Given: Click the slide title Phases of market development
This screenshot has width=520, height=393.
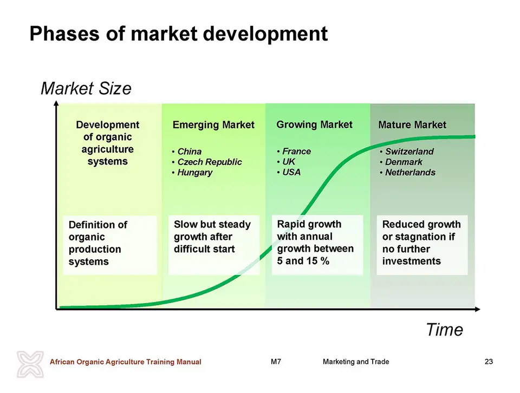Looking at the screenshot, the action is pyautogui.click(x=178, y=34).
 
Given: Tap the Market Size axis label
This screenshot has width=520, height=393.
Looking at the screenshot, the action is pyautogui.click(x=86, y=88).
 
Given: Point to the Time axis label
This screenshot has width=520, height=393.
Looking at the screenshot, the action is pyautogui.click(x=444, y=330).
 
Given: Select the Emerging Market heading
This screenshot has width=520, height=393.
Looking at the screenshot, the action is pyautogui.click(x=213, y=125).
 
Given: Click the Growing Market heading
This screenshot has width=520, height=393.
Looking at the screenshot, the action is pyautogui.click(x=314, y=125).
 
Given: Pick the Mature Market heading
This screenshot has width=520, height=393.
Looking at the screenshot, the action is pyautogui.click(x=412, y=125).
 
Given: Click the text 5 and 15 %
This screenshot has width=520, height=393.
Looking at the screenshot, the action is pyautogui.click(x=303, y=261).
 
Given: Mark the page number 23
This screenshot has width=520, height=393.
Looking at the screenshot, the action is pyautogui.click(x=489, y=362).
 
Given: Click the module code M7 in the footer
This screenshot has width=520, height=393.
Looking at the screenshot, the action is pyautogui.click(x=276, y=362).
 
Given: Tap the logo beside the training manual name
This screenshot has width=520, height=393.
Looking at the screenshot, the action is pyautogui.click(x=30, y=364).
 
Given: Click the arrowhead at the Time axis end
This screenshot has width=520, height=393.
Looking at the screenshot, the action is pyautogui.click(x=478, y=309).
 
